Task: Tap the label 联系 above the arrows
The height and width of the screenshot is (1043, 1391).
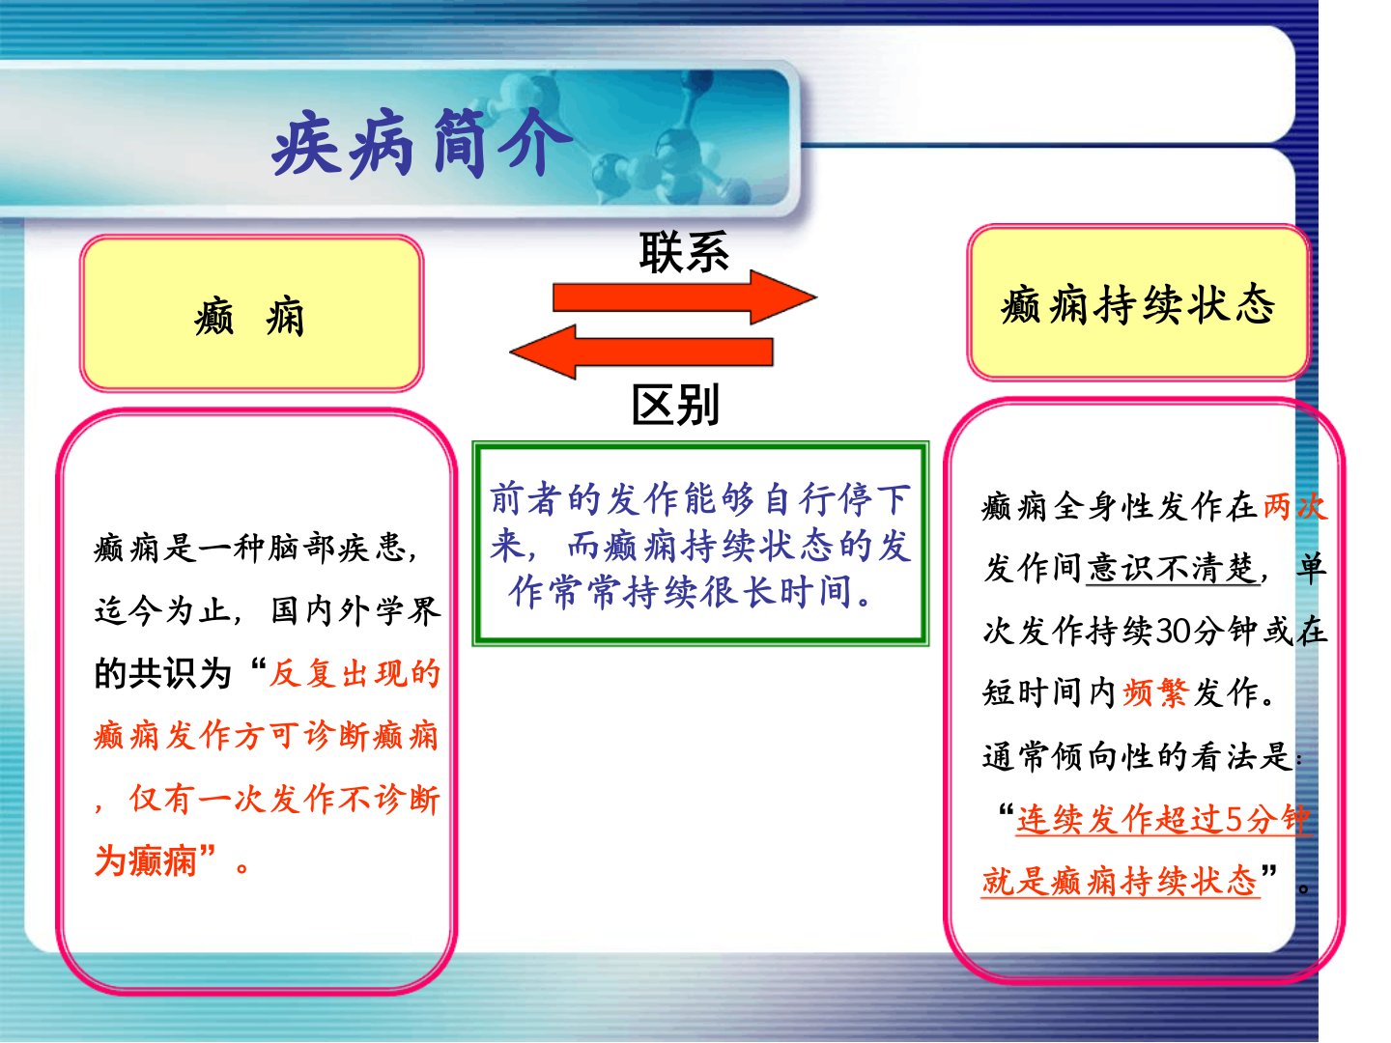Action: click(684, 253)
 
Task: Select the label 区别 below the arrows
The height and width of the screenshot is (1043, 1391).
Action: click(675, 405)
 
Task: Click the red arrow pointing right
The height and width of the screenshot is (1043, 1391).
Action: click(685, 297)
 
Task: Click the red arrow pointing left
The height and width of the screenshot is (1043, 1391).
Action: click(641, 352)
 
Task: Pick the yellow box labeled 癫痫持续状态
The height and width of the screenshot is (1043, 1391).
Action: click(1138, 303)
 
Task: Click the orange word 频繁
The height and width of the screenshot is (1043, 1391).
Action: click(1156, 692)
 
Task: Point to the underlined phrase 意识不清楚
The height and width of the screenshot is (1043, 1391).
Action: click(1173, 568)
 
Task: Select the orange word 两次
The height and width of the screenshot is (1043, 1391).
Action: click(1294, 507)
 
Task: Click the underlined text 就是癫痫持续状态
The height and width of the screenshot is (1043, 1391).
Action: click(1120, 880)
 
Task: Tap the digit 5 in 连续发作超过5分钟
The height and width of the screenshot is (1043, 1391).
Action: click(1234, 819)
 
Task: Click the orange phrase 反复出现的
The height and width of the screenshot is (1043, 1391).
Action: click(355, 672)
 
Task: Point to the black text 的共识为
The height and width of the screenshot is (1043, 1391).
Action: click(163, 673)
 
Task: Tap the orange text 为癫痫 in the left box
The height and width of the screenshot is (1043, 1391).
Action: click(146, 860)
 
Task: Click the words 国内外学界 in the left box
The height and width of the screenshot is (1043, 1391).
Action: click(355, 611)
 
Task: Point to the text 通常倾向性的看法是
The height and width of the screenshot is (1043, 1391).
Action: click(1137, 755)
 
